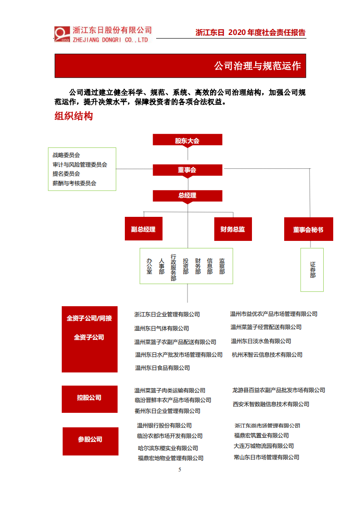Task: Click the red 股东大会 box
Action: click(x=187, y=140)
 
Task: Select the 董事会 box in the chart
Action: click(x=187, y=170)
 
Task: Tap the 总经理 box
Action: click(x=187, y=196)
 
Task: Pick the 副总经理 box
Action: click(x=143, y=229)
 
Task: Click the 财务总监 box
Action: click(x=232, y=229)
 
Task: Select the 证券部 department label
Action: click(x=312, y=269)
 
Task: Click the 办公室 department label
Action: click(x=149, y=266)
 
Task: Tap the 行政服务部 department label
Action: click(x=173, y=267)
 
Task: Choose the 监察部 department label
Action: click(x=222, y=266)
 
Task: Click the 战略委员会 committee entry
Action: click(x=66, y=155)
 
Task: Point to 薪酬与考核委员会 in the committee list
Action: click(x=74, y=183)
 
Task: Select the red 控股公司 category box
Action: click(x=89, y=398)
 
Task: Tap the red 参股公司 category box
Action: click(x=90, y=440)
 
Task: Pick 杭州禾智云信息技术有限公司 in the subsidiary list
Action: click(x=266, y=355)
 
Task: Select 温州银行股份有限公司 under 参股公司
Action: click(x=164, y=426)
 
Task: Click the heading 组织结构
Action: click(x=74, y=116)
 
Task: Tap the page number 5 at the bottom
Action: click(x=180, y=469)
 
